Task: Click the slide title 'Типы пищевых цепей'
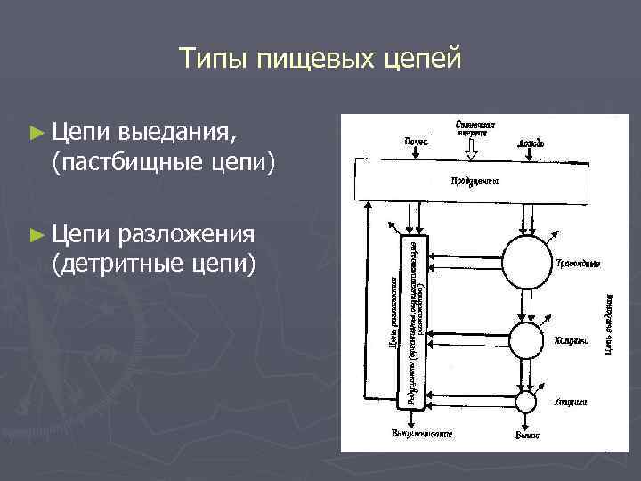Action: (x=320, y=59)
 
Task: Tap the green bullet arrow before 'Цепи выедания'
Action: (x=36, y=133)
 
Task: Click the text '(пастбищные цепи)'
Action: (x=164, y=163)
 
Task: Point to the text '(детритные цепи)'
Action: (x=154, y=265)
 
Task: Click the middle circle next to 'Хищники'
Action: (x=527, y=339)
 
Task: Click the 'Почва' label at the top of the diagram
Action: (x=417, y=141)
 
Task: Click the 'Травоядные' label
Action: (x=578, y=264)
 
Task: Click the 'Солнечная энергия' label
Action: (x=475, y=126)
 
